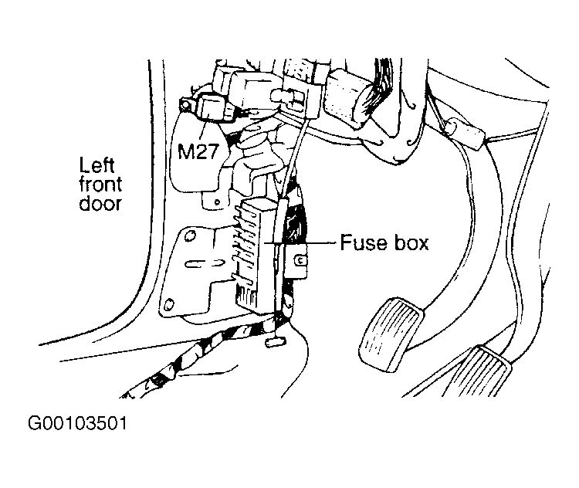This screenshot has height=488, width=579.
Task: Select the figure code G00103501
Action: point(77,424)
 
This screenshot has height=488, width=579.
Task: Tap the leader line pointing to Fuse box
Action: point(309,244)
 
